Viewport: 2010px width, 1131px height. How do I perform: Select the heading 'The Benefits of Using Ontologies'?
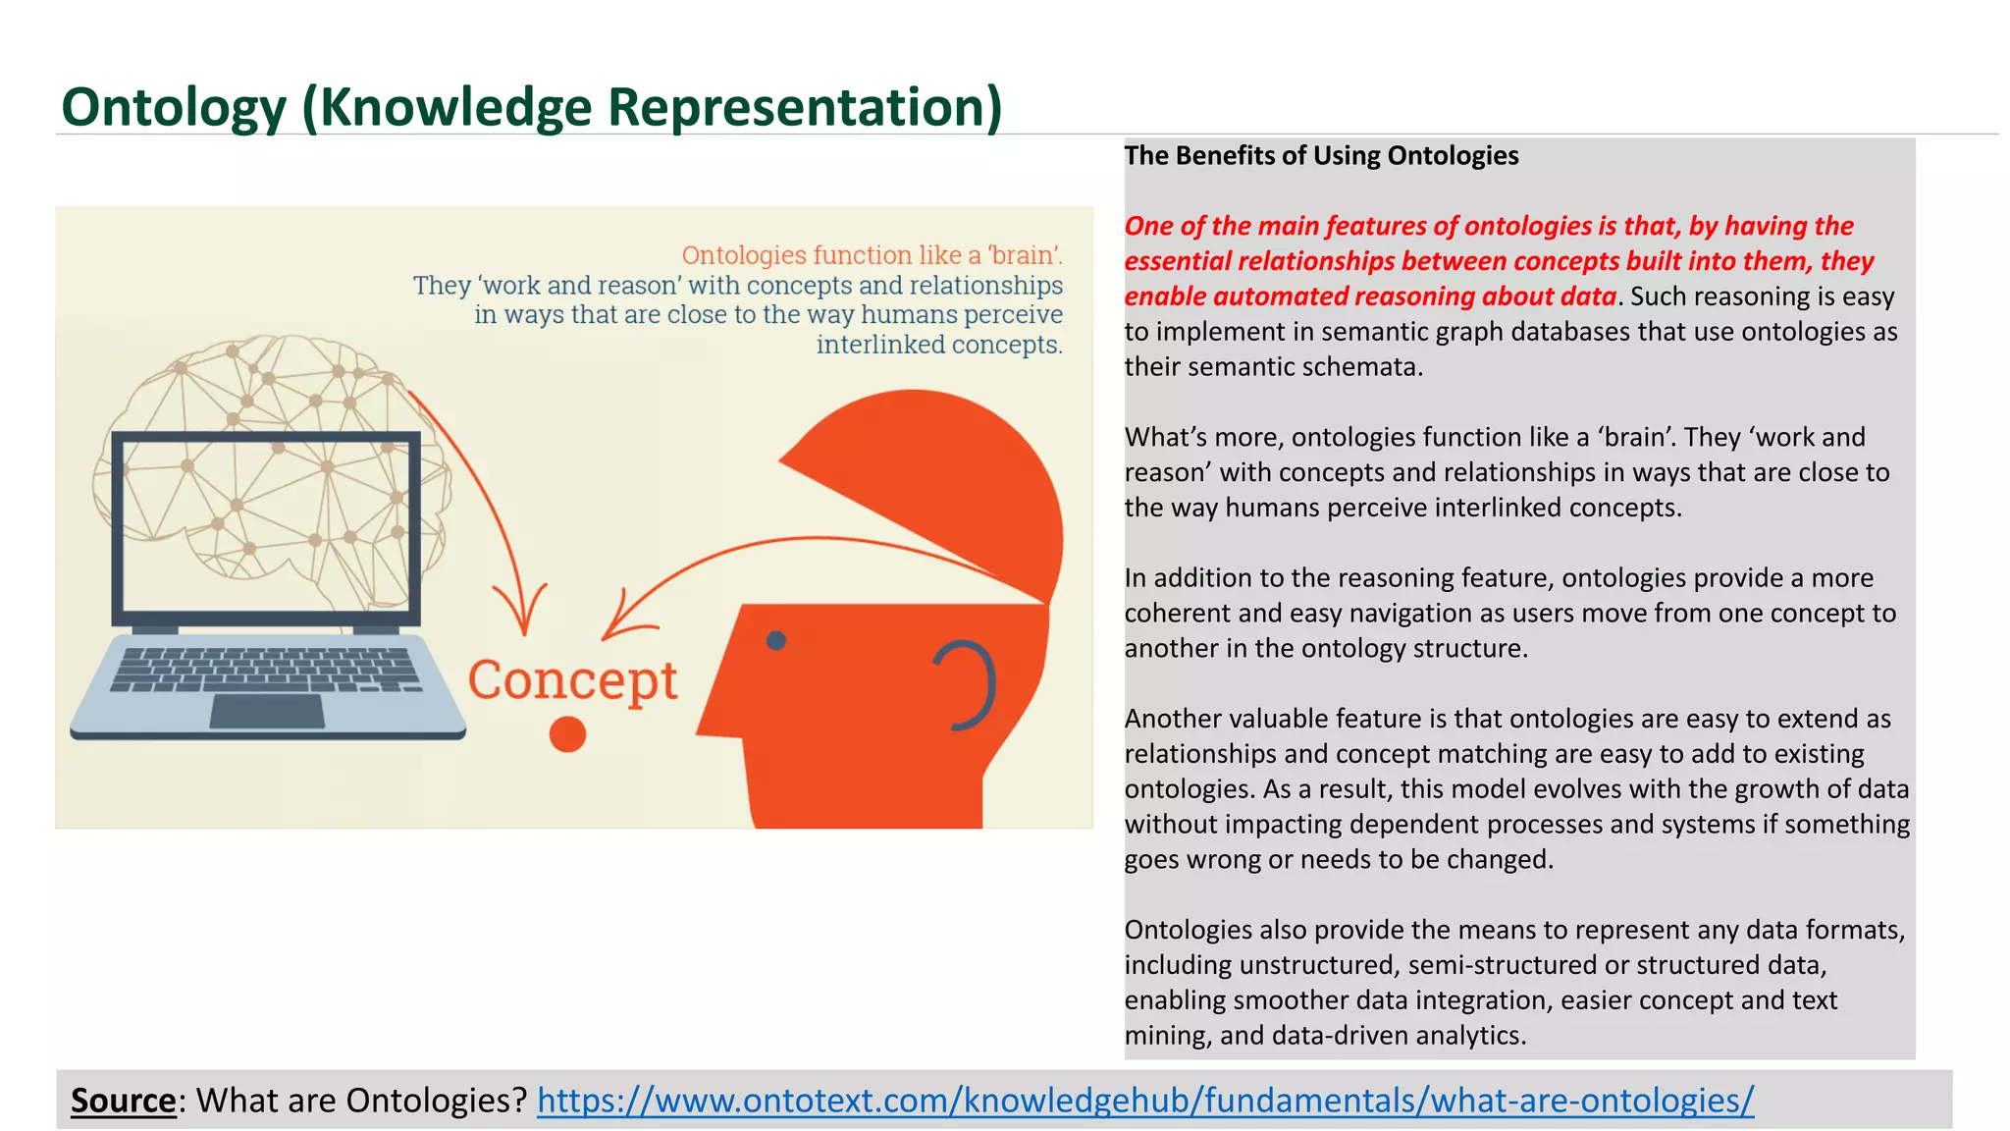[1321, 156]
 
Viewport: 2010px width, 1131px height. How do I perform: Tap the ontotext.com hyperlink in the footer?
[1144, 1101]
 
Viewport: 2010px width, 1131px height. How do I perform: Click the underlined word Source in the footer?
[123, 1101]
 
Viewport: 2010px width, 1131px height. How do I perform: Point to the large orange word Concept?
[572, 680]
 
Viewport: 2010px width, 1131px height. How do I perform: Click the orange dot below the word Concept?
[567, 734]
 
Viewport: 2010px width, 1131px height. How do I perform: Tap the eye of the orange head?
[776, 641]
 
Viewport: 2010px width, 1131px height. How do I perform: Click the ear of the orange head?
[967, 685]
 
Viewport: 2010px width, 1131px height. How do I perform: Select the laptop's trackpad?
[267, 711]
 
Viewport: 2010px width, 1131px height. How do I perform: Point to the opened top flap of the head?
[942, 481]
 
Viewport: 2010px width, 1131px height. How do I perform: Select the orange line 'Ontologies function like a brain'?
[872, 255]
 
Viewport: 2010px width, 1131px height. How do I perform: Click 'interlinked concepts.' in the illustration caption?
[938, 346]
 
